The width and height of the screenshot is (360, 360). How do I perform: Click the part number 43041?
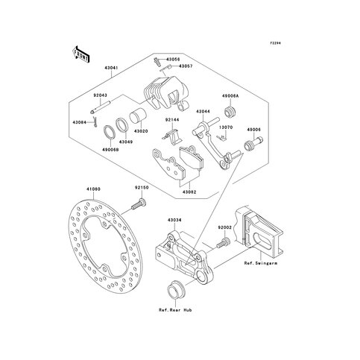[x=111, y=67]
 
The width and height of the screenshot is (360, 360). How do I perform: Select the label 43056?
[x=173, y=59]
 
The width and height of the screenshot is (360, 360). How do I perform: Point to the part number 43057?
[x=186, y=66]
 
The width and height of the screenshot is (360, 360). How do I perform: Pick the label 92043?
[x=101, y=95]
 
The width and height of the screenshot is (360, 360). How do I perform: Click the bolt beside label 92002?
[x=222, y=242]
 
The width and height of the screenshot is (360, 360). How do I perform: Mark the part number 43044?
[x=203, y=111]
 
